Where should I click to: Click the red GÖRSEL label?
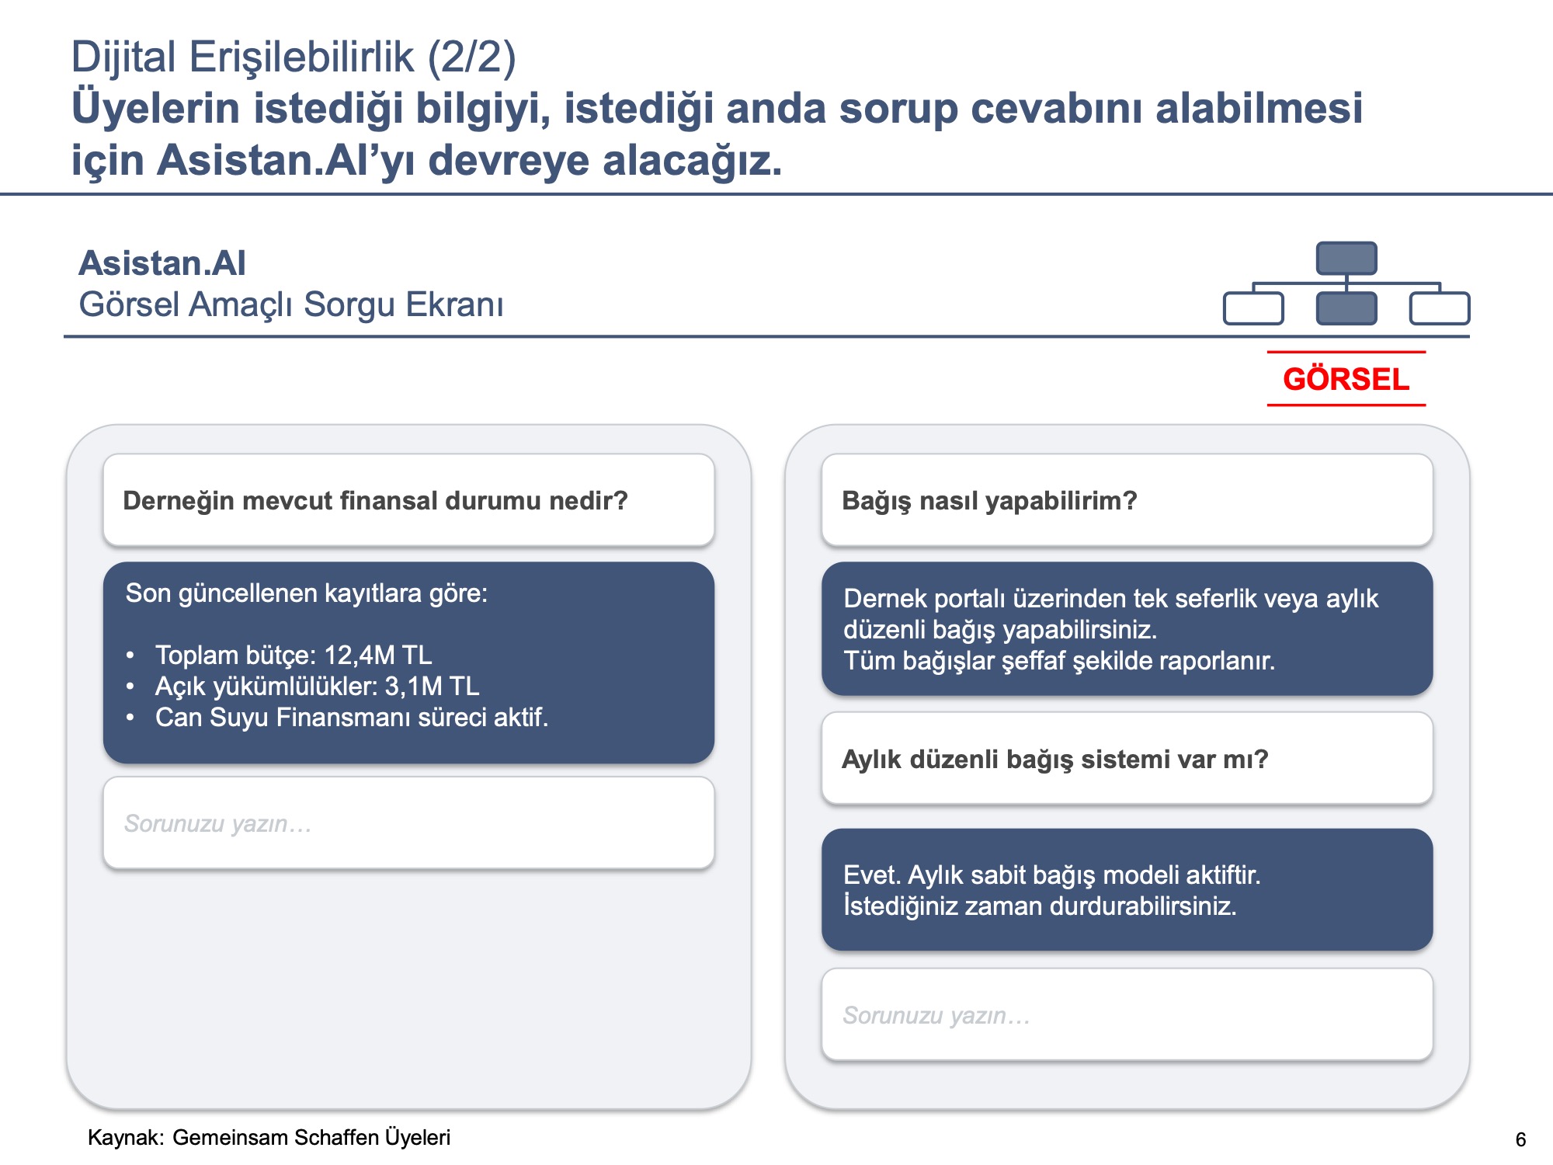click(x=1346, y=379)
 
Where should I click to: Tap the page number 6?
click(x=1520, y=1139)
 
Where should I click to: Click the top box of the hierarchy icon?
click(x=1346, y=258)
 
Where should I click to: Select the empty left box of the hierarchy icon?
click(x=1253, y=308)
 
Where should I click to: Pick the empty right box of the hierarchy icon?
click(x=1440, y=308)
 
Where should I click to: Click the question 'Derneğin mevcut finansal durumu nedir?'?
click(x=375, y=501)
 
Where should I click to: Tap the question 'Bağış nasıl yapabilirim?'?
click(x=989, y=501)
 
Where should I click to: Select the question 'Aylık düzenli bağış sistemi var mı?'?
click(x=1054, y=759)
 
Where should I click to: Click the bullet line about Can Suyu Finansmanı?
click(x=352, y=717)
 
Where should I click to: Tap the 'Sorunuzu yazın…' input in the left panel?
click(x=408, y=822)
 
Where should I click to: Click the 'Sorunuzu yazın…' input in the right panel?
click(x=1127, y=1014)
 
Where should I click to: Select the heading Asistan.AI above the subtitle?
click(x=162, y=263)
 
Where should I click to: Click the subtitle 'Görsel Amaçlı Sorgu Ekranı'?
click(x=291, y=304)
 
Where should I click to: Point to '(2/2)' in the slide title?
click(x=471, y=57)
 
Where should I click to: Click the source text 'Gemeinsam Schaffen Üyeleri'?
click(x=311, y=1138)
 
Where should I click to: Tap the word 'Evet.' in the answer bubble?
click(x=872, y=875)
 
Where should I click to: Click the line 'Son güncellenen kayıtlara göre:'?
click(x=307, y=593)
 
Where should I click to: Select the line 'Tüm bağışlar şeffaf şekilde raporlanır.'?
click(x=1059, y=661)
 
